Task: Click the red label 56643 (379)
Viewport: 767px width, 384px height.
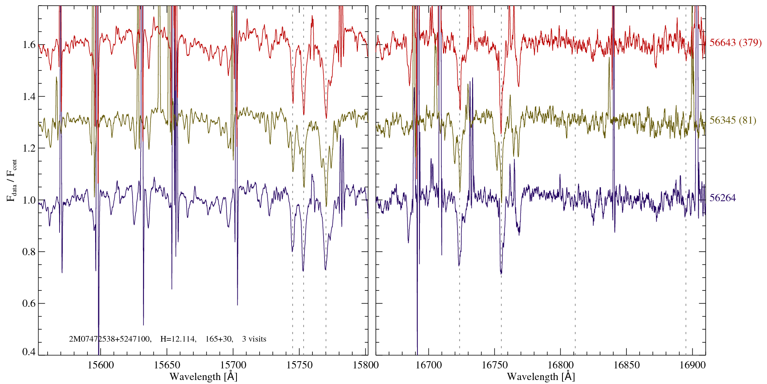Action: click(735, 43)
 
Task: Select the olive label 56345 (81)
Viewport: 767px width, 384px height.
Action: click(732, 120)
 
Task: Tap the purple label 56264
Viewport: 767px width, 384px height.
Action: click(722, 198)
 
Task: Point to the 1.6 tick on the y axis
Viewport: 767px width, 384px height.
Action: click(29, 44)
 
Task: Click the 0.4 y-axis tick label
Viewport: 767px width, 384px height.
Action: click(29, 352)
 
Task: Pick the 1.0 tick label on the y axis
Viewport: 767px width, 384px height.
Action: click(29, 200)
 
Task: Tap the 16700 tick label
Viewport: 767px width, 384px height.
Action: click(429, 365)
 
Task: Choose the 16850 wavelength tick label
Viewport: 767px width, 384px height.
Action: click(626, 365)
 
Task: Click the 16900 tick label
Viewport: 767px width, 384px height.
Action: click(692, 365)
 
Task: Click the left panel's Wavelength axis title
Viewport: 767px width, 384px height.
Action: click(203, 376)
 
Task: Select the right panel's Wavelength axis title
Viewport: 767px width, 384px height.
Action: click(541, 376)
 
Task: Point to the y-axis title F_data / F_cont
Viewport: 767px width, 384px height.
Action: click(12, 180)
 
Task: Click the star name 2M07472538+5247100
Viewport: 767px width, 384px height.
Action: click(110, 339)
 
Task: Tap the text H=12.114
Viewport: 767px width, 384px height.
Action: click(178, 339)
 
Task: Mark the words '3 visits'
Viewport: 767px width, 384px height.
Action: click(254, 339)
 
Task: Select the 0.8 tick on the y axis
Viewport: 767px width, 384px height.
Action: click(29, 252)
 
